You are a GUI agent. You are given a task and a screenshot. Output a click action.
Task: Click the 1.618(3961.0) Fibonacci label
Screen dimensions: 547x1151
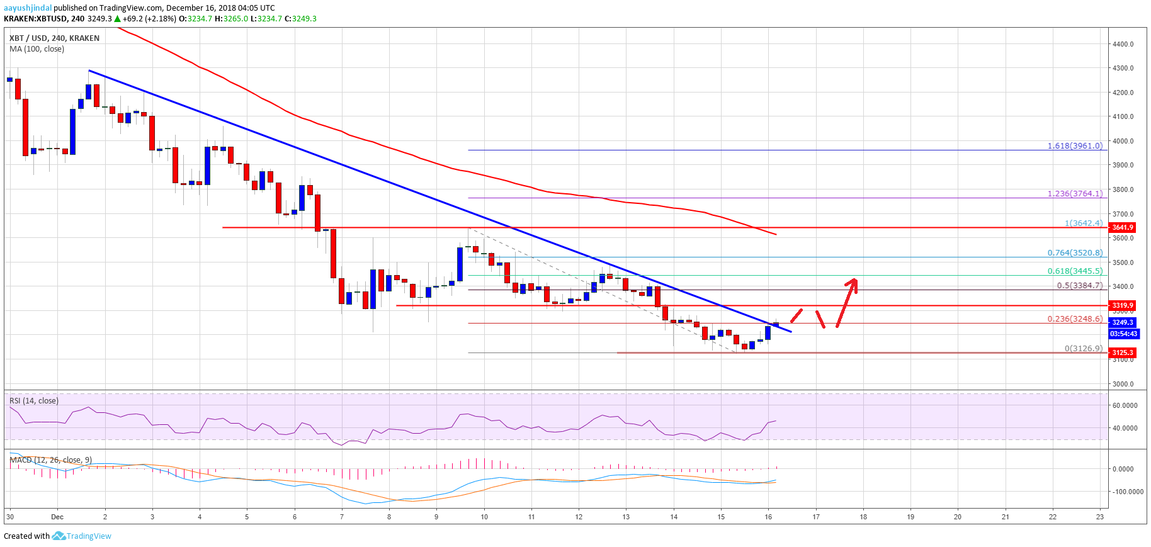point(1075,146)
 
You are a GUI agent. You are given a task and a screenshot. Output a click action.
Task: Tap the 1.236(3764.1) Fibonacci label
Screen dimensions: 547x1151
point(1075,194)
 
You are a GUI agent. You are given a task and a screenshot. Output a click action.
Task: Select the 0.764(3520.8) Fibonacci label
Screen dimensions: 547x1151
point(1075,253)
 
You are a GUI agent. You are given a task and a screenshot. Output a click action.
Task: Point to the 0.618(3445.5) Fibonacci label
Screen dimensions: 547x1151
point(1075,271)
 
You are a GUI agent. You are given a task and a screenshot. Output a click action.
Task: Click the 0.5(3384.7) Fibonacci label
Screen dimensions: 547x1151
point(1080,286)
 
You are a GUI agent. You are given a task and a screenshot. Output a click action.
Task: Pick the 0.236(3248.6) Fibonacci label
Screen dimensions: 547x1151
point(1075,319)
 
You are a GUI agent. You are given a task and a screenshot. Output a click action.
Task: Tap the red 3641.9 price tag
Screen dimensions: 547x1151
point(1122,227)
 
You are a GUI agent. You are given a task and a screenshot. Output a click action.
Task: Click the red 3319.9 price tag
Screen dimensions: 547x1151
point(1122,305)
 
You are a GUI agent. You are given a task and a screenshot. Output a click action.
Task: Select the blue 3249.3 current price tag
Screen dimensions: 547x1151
point(1122,322)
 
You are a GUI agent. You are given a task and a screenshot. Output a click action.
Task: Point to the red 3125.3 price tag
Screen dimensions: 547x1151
point(1122,352)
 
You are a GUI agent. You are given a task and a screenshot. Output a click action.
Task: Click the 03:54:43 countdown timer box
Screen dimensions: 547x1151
point(1123,334)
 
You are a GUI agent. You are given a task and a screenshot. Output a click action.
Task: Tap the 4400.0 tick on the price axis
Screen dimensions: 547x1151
point(1123,44)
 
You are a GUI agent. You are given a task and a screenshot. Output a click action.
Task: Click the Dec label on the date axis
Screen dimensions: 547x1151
point(57,517)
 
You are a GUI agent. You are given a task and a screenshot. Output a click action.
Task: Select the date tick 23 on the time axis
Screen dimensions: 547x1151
point(1099,517)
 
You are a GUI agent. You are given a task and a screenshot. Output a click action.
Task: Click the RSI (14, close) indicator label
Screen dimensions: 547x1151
point(34,401)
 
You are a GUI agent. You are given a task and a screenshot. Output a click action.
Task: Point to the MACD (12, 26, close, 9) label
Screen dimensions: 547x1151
point(50,460)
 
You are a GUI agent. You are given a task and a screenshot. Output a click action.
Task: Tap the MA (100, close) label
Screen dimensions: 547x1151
point(37,49)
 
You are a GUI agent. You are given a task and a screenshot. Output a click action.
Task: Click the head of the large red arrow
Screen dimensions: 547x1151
point(853,281)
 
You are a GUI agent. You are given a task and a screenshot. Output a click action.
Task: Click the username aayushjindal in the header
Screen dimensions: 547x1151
point(28,8)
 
